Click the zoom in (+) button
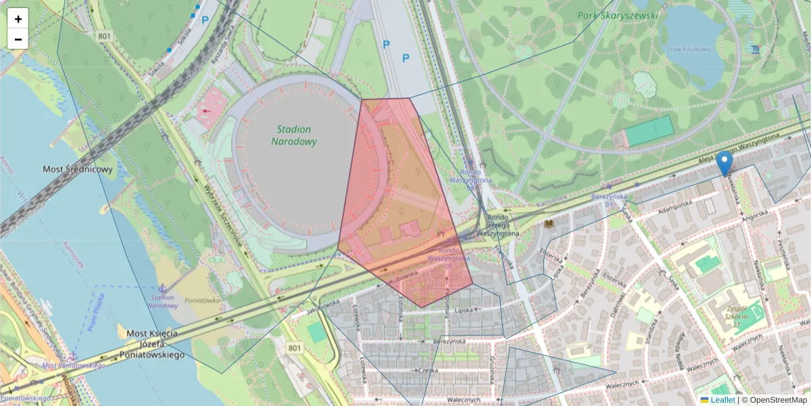18,19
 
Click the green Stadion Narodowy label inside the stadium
294,135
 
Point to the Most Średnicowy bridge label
78,169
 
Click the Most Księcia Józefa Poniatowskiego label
151,344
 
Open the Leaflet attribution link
722,400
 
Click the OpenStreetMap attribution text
774,400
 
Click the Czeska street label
428,370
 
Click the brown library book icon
549,223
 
